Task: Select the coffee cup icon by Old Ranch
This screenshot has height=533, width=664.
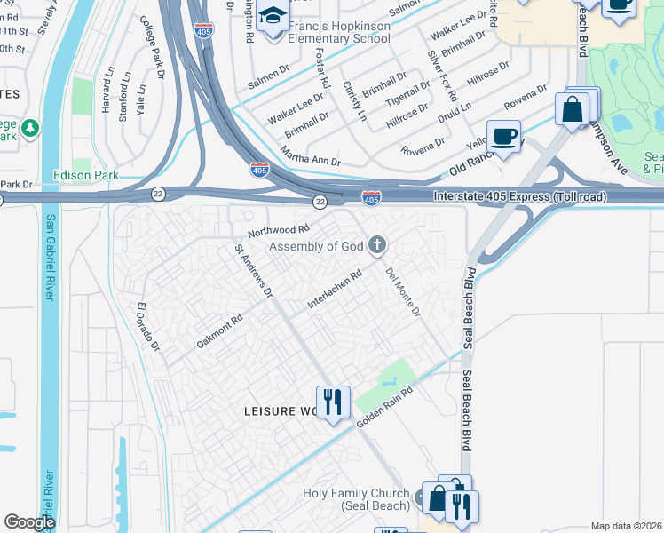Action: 503,138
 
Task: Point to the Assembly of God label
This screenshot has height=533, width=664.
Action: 317,246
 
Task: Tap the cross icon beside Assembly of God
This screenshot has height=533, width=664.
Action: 377,244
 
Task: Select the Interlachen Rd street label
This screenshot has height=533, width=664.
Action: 335,290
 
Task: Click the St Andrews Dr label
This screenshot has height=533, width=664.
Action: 253,270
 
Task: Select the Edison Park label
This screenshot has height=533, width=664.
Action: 86,175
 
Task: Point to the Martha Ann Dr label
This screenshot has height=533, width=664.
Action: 312,157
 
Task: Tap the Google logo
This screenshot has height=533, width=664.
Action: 29,522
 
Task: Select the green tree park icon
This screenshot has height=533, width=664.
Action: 29,130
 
